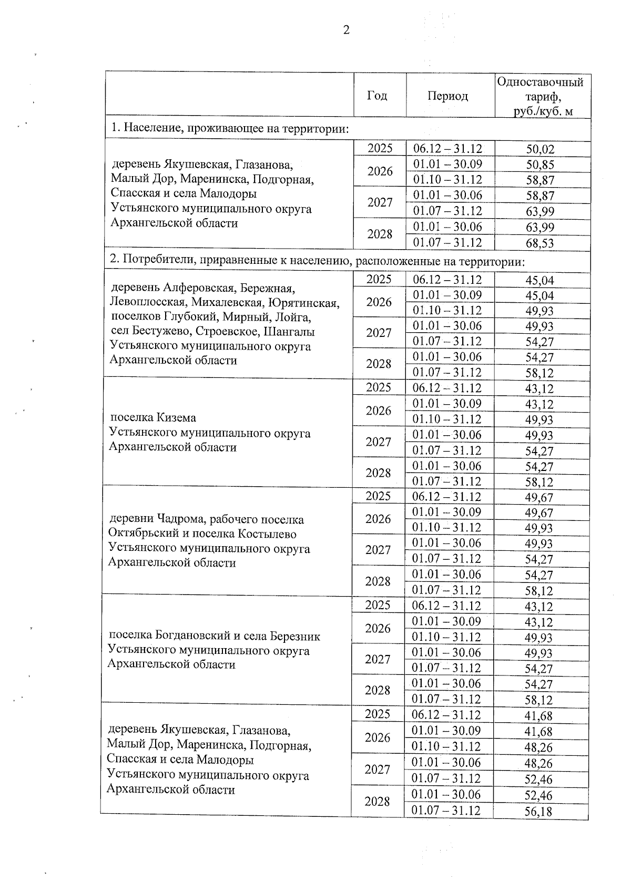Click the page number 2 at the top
pos(346,30)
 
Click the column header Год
pos(377,96)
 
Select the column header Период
pos(447,96)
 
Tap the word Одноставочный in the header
pos(540,83)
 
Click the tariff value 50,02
pos(541,149)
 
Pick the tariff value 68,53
pos(541,243)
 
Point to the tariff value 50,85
pos(541,165)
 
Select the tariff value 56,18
pos(538,812)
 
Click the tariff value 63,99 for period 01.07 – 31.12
pos(541,212)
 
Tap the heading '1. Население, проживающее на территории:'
pos(230,129)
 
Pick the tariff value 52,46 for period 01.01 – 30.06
pos(538,795)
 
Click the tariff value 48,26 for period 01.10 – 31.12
pos(538,747)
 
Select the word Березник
pos(295,636)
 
